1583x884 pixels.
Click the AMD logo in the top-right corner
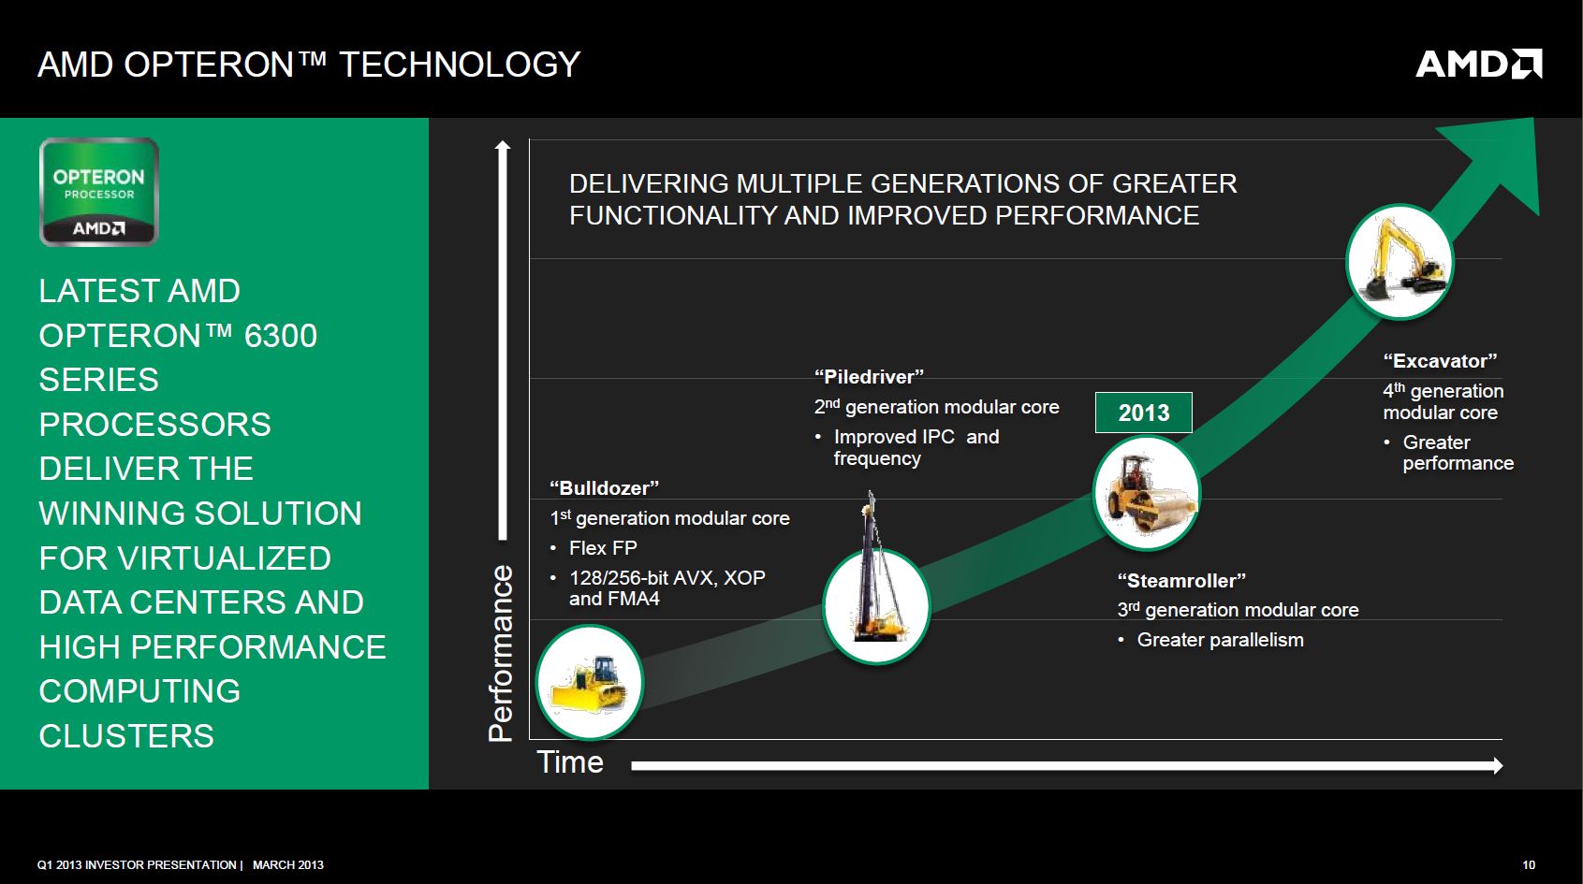pos(1478,64)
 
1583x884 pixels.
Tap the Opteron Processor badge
pos(99,192)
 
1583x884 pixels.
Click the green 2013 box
pos(1143,413)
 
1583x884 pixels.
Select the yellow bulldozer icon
pos(590,682)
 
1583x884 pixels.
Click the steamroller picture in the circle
pos(1146,493)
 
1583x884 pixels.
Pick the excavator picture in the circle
pos(1400,262)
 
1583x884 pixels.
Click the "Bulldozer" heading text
pos(604,488)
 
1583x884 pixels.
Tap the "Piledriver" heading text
pos(870,376)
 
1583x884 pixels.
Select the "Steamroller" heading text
pos(1181,580)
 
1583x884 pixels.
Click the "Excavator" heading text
pos(1441,361)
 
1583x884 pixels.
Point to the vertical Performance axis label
pos(500,653)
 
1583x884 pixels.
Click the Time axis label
pos(570,762)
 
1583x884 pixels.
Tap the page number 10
pos(1529,865)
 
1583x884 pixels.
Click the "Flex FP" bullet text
pos(603,548)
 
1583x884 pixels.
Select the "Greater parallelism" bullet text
pos(1221,640)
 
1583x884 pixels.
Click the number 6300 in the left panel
pos(281,336)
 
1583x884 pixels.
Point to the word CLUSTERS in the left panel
pos(126,736)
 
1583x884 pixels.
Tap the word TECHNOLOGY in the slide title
pos(460,65)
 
